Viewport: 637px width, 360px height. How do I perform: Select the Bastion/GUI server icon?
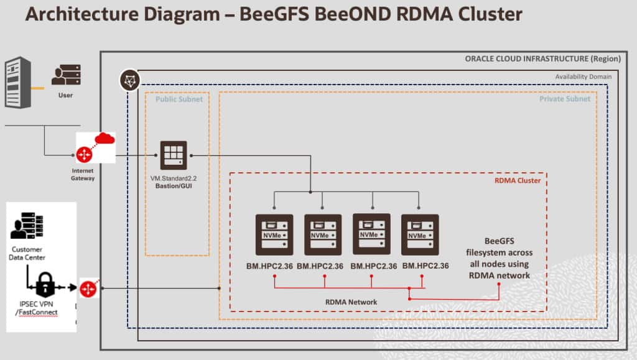click(174, 155)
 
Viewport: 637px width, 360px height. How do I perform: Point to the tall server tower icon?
click(17, 81)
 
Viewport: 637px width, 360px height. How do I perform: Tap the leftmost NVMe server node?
click(274, 234)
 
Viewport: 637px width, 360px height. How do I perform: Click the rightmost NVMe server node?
click(420, 234)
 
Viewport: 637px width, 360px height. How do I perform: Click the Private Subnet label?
click(565, 99)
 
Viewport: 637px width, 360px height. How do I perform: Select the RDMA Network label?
click(351, 302)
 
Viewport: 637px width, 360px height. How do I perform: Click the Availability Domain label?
click(584, 76)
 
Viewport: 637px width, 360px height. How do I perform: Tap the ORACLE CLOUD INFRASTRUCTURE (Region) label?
click(542, 59)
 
